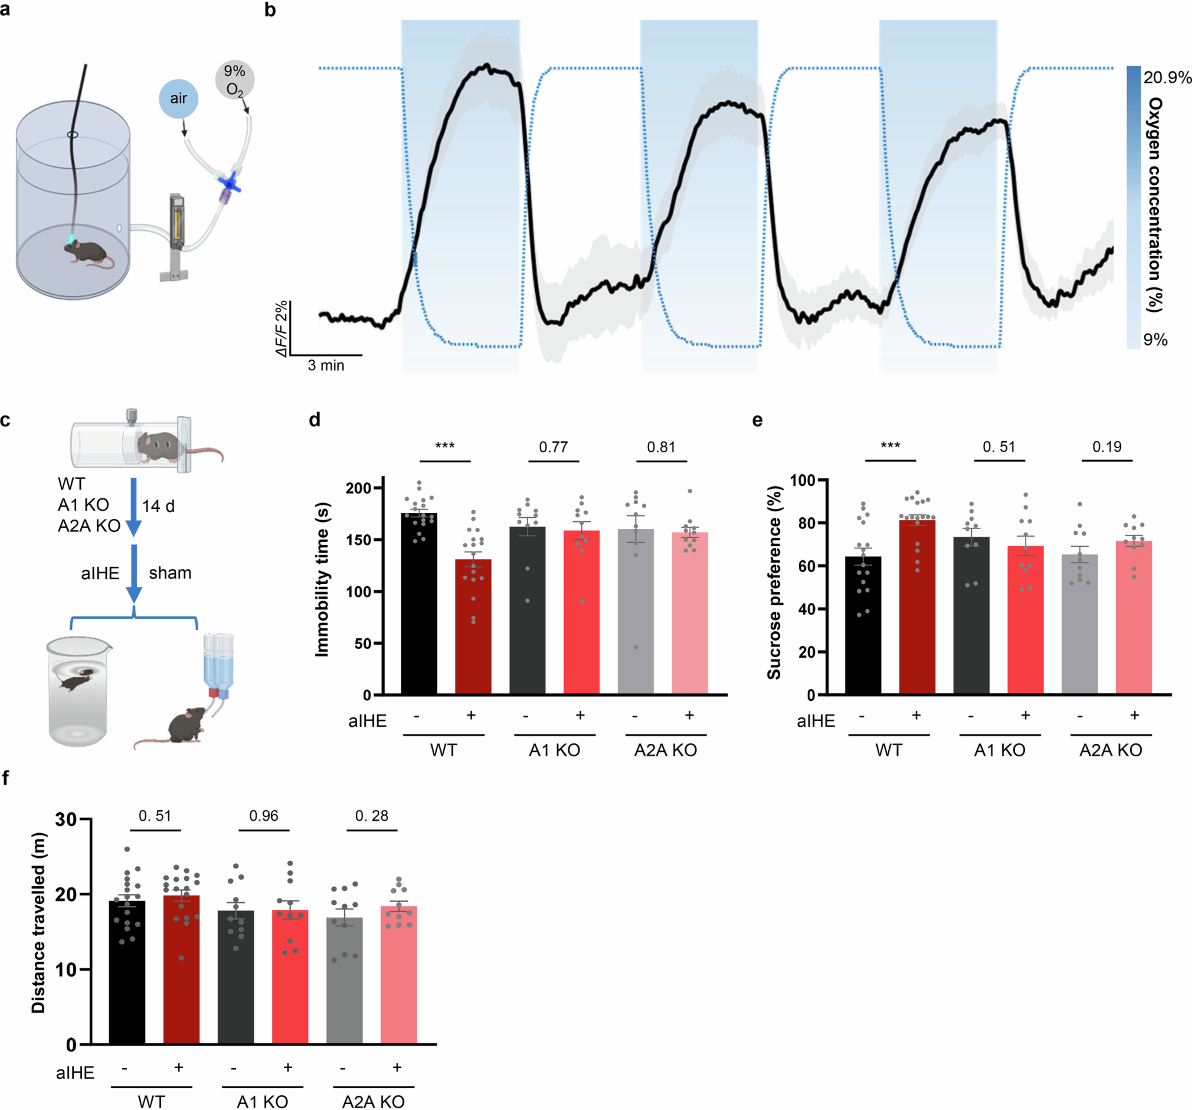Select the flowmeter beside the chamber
(176, 225)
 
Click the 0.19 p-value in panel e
(1106, 447)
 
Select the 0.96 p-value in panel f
(264, 816)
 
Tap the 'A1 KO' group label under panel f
(262, 1102)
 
